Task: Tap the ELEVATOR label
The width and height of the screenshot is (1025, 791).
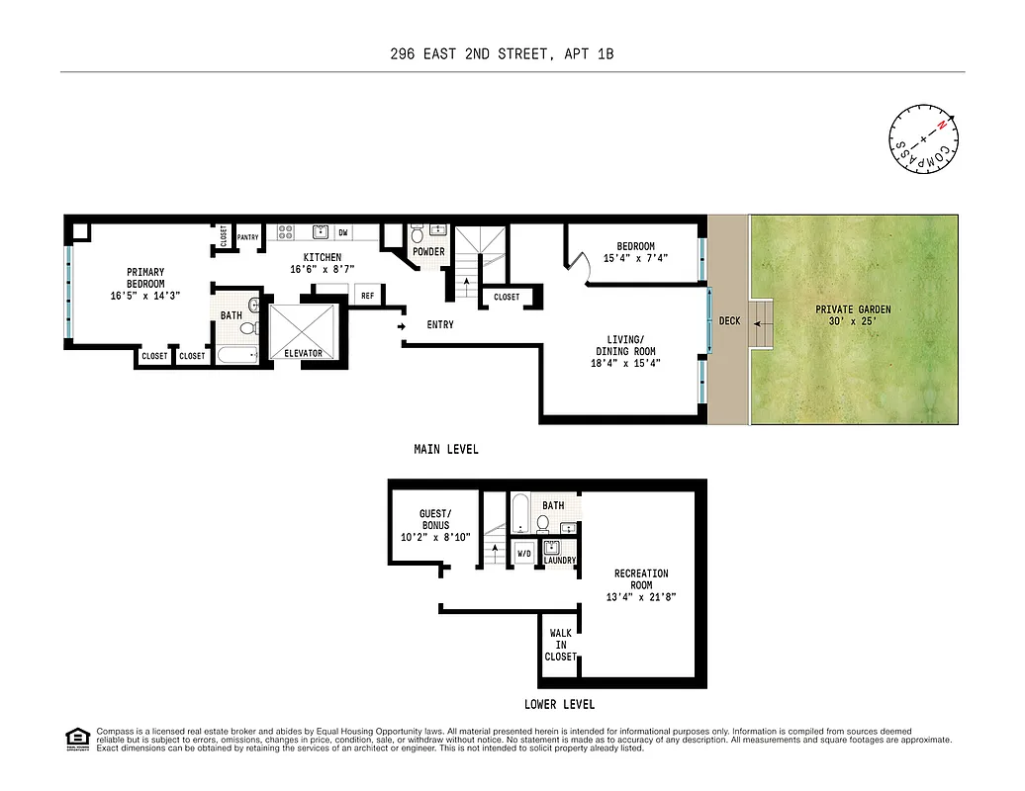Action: (x=303, y=354)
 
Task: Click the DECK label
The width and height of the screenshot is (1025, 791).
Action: (x=729, y=321)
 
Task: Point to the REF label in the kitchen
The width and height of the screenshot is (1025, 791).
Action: (x=367, y=296)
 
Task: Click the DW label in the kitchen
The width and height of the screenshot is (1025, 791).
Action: (x=343, y=233)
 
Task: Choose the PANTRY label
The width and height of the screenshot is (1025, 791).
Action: (x=248, y=238)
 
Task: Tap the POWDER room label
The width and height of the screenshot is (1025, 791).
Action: (x=428, y=252)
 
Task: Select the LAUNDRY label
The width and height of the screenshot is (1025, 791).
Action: (x=560, y=561)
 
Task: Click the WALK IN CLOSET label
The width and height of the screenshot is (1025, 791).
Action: (x=560, y=645)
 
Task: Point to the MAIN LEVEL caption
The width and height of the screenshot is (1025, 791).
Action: (x=445, y=450)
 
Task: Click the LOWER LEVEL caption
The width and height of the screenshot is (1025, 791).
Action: (x=560, y=705)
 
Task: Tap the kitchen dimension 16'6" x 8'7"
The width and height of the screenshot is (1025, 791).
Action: (x=322, y=270)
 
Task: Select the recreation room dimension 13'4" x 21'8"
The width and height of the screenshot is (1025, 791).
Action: (x=641, y=597)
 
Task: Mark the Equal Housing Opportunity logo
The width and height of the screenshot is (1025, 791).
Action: (x=76, y=739)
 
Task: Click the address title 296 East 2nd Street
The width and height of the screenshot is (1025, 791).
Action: (x=502, y=54)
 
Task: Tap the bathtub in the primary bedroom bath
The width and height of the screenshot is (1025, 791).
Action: (x=237, y=354)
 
